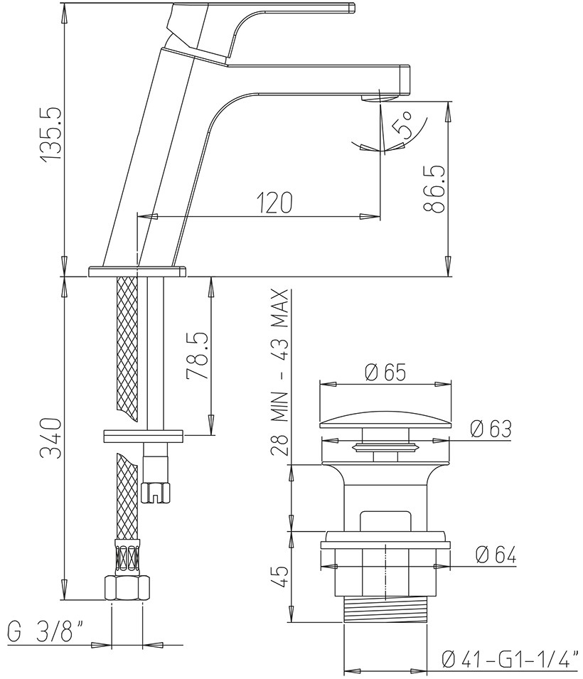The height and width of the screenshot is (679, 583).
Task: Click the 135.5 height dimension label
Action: (x=52, y=135)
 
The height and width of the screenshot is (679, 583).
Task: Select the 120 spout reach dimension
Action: (x=274, y=202)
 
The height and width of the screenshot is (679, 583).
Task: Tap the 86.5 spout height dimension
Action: (x=435, y=188)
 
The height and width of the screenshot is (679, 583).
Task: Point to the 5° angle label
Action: (x=403, y=124)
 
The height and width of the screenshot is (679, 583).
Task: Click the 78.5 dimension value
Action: (x=198, y=356)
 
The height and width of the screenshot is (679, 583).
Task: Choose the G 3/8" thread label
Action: (x=46, y=632)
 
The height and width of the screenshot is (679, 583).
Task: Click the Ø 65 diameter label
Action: (x=385, y=372)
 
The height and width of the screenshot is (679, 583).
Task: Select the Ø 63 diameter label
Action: (x=491, y=429)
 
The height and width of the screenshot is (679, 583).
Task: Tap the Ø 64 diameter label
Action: (x=495, y=555)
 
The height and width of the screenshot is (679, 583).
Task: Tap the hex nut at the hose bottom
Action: (x=127, y=587)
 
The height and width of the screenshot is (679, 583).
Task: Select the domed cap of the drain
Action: (x=385, y=421)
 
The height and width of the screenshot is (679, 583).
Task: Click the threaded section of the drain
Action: (x=385, y=611)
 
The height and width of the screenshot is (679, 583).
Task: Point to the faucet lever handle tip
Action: (x=352, y=8)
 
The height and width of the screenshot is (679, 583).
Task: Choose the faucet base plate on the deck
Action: (x=137, y=271)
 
